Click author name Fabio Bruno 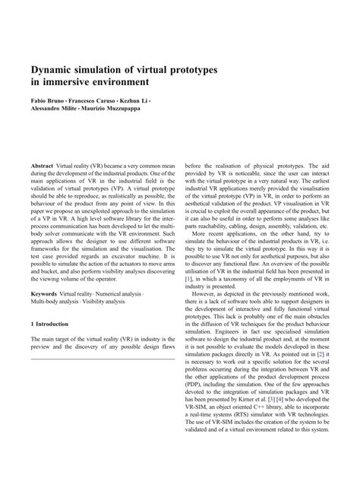(48, 101)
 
